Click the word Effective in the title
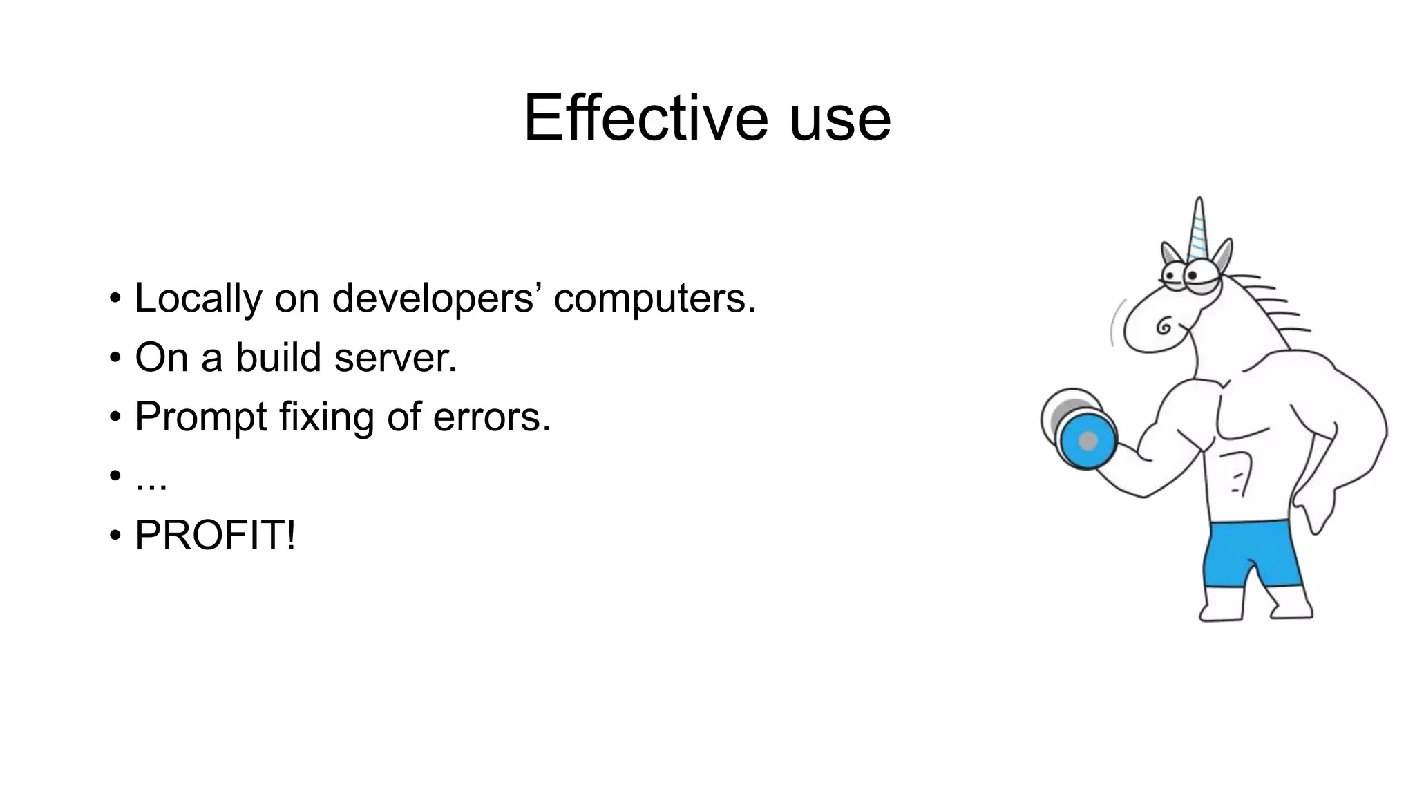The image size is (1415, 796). pos(645,118)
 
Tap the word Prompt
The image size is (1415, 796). pos(200,418)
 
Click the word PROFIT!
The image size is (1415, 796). pos(215,536)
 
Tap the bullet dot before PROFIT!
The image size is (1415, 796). pos(115,536)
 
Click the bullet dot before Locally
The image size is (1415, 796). pos(115,299)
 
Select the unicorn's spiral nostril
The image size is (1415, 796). pos(1164,325)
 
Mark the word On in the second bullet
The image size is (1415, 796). pos(162,358)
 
